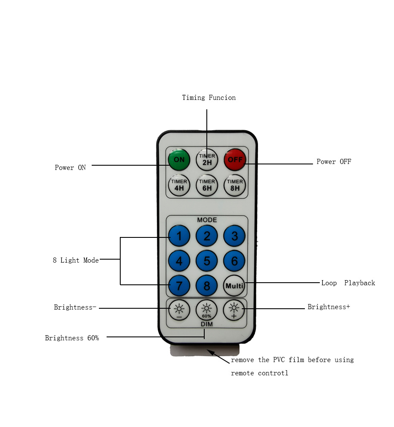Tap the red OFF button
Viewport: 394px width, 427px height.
point(235,159)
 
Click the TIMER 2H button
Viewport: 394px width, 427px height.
point(207,159)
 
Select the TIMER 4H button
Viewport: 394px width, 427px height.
point(179,185)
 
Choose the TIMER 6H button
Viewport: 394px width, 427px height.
point(207,185)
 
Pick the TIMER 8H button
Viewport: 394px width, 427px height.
point(235,185)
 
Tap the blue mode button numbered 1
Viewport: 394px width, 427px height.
point(179,236)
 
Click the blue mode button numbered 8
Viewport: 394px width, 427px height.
point(207,286)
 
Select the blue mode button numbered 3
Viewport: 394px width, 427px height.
point(235,236)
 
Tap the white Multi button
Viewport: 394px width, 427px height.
point(235,286)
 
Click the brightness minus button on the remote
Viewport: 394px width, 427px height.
point(179,310)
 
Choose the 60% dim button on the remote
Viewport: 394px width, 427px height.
point(207,310)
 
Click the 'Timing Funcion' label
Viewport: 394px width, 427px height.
point(209,98)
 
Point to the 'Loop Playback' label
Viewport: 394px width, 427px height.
point(348,283)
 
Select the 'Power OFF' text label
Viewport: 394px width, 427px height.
point(333,162)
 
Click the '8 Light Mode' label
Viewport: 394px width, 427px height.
point(75,260)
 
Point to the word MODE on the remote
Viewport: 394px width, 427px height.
point(207,220)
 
